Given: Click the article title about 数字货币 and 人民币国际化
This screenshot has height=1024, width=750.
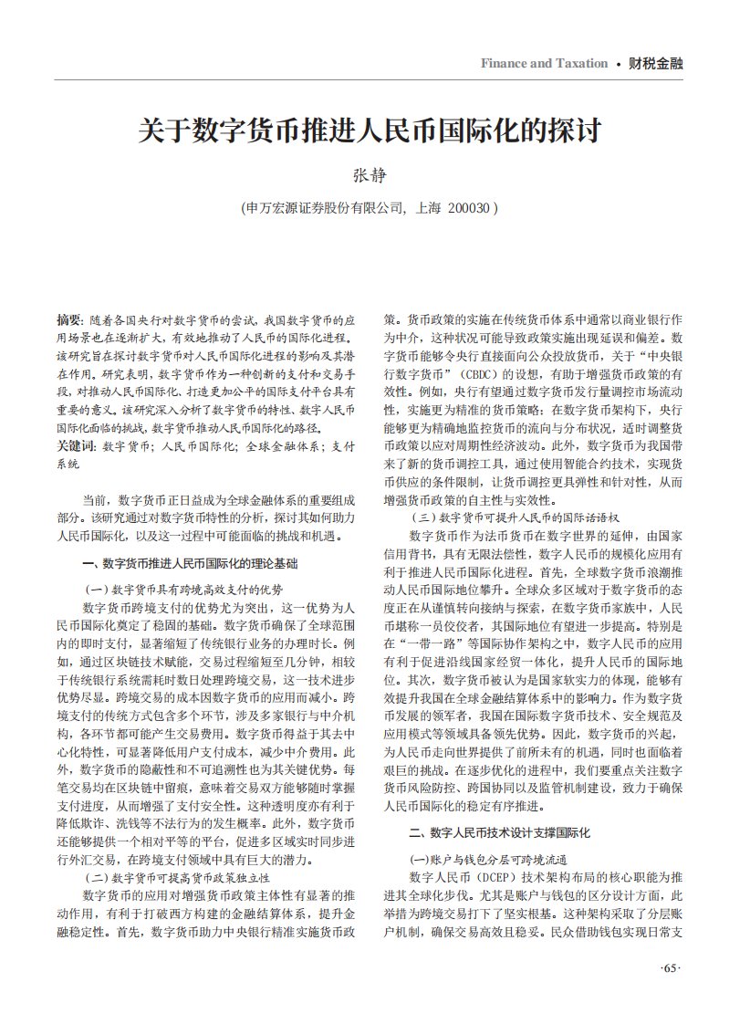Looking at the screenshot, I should [x=370, y=130].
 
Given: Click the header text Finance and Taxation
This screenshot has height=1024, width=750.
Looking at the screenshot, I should [x=544, y=63].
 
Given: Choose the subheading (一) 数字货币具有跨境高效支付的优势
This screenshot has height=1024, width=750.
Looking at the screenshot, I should [x=183, y=589].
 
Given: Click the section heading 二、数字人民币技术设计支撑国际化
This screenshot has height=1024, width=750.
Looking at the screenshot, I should [x=500, y=832].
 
